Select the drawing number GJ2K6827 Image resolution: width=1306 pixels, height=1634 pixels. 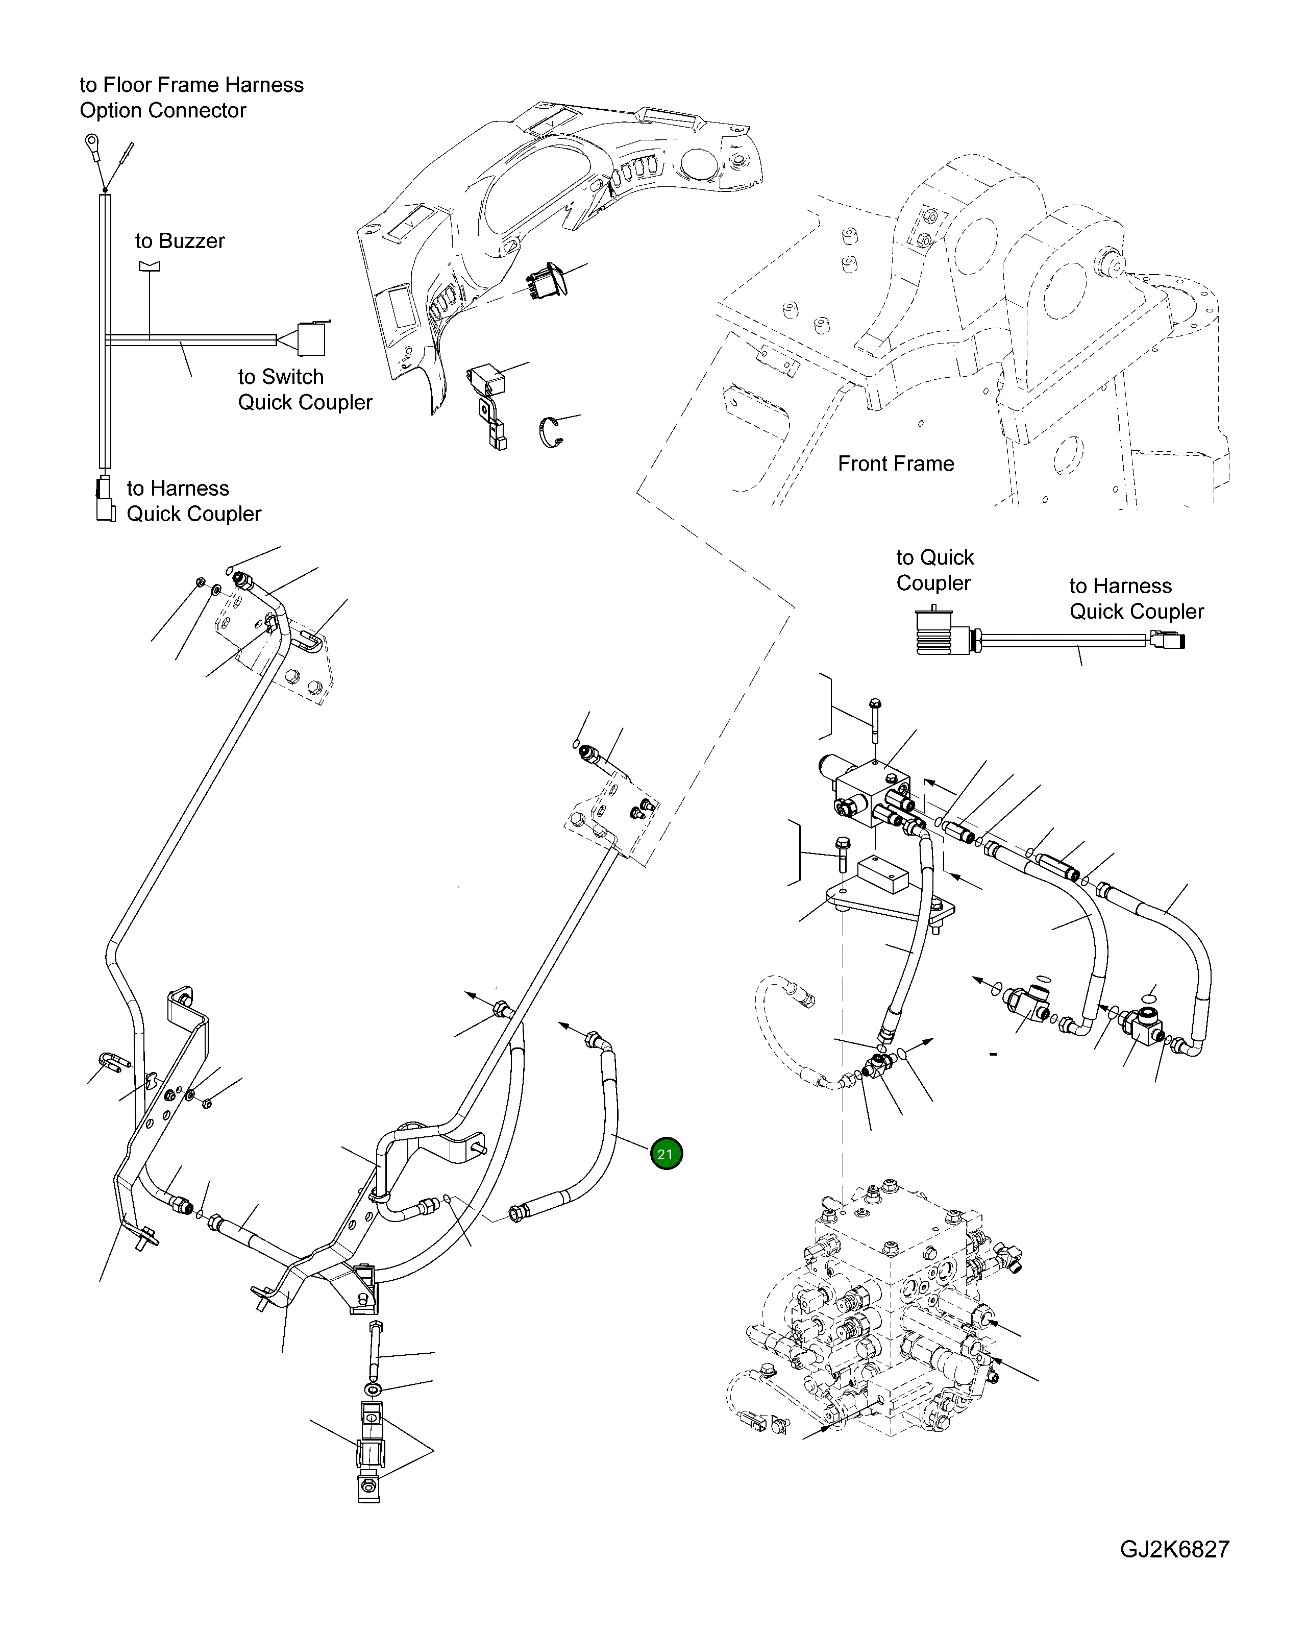tap(1174, 1570)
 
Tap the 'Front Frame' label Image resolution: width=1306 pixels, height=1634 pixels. tap(895, 464)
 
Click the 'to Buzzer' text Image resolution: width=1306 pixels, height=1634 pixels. tap(180, 241)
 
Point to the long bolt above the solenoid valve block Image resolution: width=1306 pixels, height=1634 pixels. tap(875, 720)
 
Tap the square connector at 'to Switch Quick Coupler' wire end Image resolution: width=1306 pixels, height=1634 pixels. tap(311, 339)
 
